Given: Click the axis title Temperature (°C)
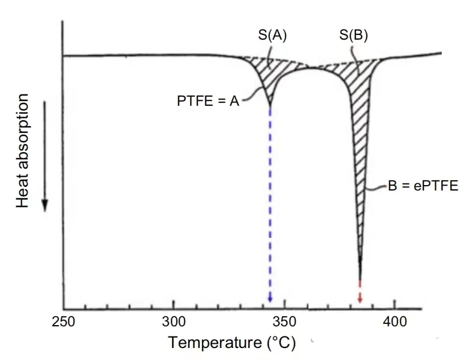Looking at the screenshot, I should pos(232,343).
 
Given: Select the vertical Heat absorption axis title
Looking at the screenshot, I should pos(23,151).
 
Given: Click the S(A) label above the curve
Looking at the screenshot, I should pos(272,35).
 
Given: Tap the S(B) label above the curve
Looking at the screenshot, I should pos(354,35).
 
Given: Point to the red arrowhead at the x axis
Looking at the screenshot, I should pos(360,299).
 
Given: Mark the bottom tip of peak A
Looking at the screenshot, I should pos(269,106).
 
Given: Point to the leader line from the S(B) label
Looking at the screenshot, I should pos(357,63).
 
